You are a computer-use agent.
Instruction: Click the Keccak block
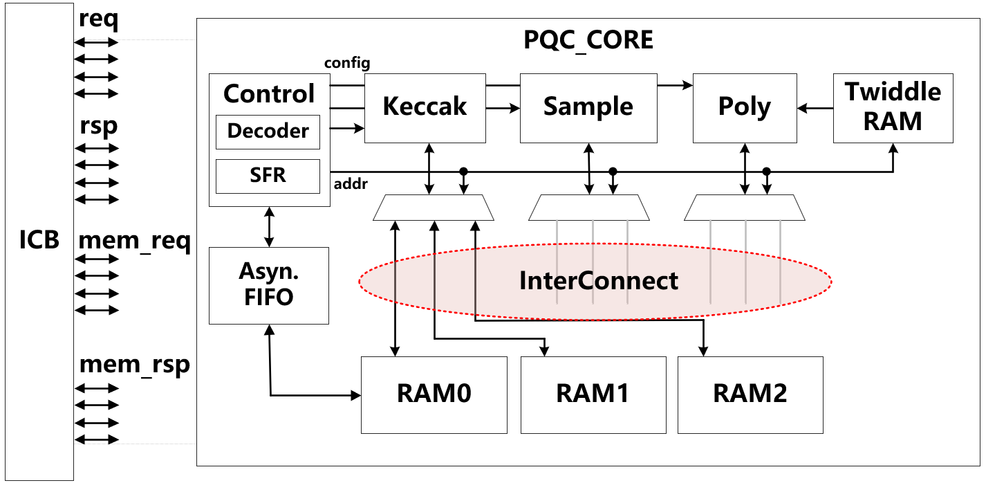425,107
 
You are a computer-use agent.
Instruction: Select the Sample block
588,107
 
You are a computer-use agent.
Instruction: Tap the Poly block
744,107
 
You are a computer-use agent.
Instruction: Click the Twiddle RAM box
893,107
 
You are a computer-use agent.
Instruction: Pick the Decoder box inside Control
268,131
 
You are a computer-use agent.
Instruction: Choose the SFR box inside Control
268,176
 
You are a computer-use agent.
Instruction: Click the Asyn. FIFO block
269,285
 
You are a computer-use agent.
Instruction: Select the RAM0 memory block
434,394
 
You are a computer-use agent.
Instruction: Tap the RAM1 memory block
593,394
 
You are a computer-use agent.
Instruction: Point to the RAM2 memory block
750,394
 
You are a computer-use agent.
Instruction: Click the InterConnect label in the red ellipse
599,281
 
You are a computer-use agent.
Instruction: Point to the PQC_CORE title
588,39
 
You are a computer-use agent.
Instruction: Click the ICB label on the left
39,240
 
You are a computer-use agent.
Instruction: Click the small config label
347,63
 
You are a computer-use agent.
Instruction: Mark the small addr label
351,185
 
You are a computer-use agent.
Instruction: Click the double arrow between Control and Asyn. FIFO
269,226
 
